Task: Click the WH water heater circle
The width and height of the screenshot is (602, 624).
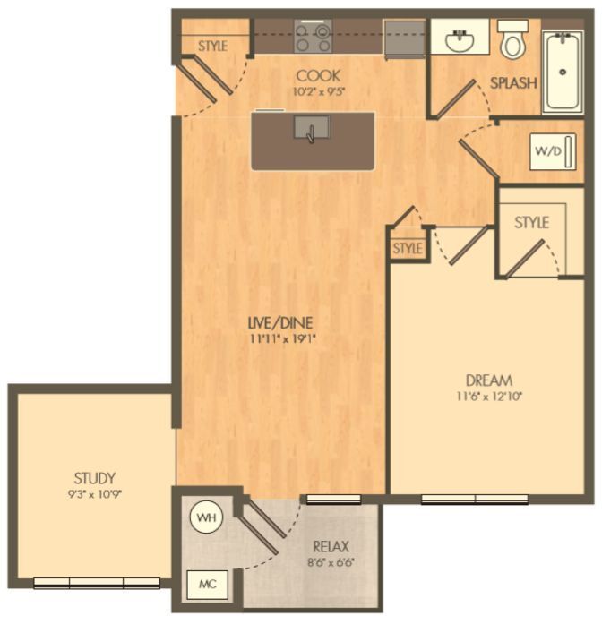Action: [x=205, y=518]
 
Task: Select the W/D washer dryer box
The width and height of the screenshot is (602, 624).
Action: [x=547, y=151]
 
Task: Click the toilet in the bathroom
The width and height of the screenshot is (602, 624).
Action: [x=514, y=40]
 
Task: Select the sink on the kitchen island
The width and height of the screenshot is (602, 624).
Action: [x=310, y=132]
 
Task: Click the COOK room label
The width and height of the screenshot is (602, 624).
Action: [x=318, y=75]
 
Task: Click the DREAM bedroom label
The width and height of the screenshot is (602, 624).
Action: [x=490, y=380]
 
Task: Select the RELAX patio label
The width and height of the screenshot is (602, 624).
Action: [x=331, y=546]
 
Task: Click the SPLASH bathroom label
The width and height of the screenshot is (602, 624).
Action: [x=513, y=83]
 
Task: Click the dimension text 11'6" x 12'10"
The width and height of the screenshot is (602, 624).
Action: [x=490, y=397]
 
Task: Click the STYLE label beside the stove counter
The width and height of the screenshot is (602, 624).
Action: [x=212, y=46]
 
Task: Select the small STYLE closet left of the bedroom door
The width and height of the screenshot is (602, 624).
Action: [x=407, y=249]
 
